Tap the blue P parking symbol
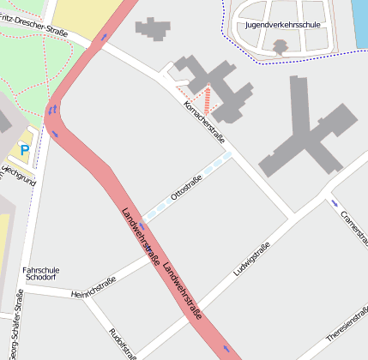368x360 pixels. coord(24,150)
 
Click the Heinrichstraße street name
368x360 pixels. coord(94,286)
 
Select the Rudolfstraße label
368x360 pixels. coord(123,343)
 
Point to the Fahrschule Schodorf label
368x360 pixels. coord(40,273)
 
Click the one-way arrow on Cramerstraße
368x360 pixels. coord(334,202)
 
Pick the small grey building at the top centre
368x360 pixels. coord(153,28)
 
